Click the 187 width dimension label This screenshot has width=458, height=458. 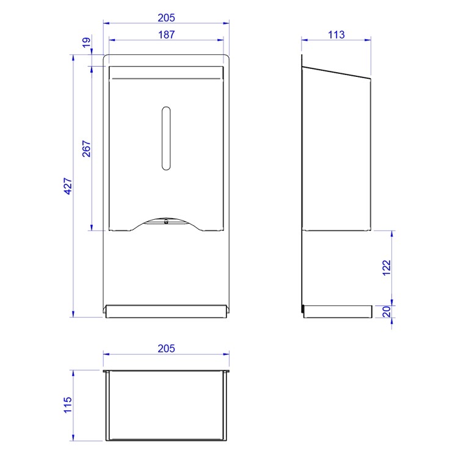166,35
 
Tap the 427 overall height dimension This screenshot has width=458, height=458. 68,186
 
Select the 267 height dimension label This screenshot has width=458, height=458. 87,148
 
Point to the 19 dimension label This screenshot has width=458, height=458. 87,43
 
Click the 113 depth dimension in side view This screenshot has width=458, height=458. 336,35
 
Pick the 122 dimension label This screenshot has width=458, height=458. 387,267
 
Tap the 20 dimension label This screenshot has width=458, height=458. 387,311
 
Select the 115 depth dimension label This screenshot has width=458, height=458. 68,405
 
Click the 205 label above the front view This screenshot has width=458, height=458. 166,18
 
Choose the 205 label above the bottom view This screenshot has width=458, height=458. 166,349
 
